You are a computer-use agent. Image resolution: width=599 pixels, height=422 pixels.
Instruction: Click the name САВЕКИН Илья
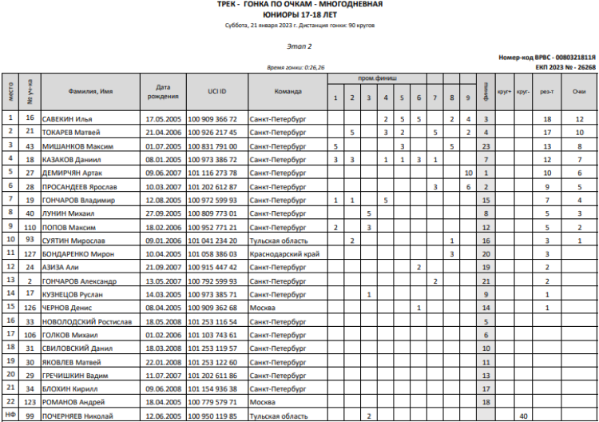pos(66,118)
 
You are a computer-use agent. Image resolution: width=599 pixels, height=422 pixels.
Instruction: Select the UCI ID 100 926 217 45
pos(212,132)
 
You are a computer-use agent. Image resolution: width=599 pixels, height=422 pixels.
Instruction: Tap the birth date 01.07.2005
pos(165,146)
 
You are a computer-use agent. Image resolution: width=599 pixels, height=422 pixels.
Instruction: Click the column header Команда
pos(288,91)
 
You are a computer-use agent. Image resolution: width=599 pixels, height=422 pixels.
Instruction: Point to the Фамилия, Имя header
pos(90,91)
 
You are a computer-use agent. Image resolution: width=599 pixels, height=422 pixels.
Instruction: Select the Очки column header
pos(579,91)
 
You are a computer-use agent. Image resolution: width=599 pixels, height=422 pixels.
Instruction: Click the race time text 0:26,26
pos(314,68)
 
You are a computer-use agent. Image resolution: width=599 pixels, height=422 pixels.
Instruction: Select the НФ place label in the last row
pos(10,416)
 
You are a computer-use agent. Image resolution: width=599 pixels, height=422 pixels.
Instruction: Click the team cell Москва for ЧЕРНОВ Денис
pos(262,308)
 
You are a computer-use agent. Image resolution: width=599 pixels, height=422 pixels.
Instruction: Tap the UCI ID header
pos(212,91)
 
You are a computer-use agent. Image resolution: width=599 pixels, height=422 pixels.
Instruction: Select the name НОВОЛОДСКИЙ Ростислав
pos(81,320)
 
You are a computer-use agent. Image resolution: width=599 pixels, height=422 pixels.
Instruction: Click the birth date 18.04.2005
pos(165,401)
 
